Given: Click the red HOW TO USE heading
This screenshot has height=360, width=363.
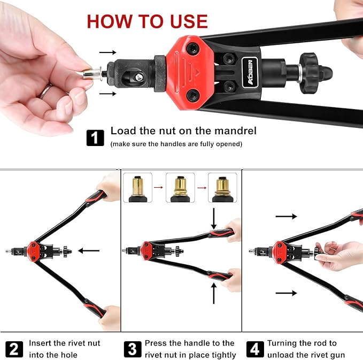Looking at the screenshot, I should click(x=147, y=21).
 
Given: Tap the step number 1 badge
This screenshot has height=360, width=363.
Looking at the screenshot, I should click(x=95, y=137).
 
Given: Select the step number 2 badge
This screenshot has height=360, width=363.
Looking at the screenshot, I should click(x=14, y=349).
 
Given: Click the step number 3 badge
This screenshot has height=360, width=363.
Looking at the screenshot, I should click(x=132, y=349).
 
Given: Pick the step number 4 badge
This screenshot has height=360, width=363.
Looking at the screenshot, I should click(x=255, y=349).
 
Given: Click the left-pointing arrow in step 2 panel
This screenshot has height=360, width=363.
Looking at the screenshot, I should click(x=89, y=250).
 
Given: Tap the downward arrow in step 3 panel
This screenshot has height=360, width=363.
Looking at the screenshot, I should click(x=214, y=217).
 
